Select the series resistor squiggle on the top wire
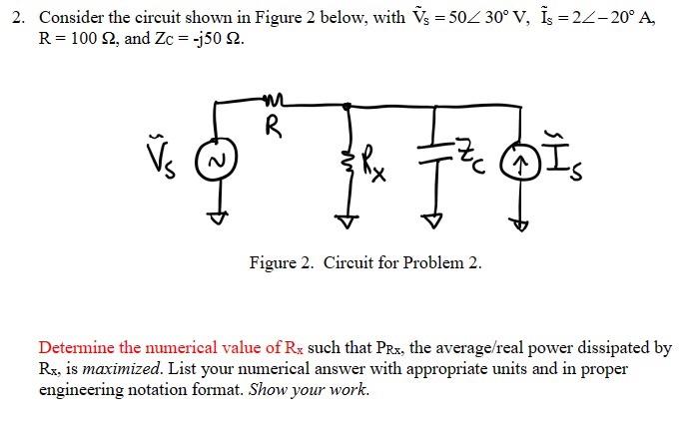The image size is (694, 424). pyautogui.click(x=271, y=99)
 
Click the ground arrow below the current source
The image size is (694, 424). pyautogui.click(x=519, y=223)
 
